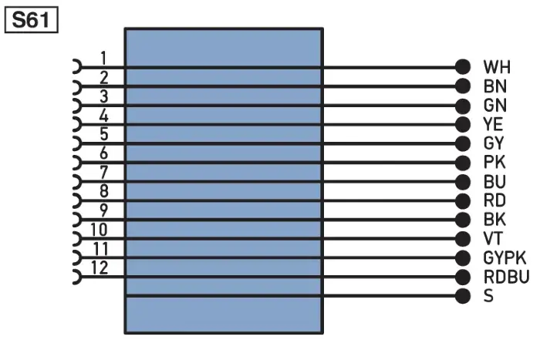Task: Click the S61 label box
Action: point(32,20)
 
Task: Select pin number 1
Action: point(103,58)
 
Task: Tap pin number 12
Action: point(100,267)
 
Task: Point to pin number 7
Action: point(103,173)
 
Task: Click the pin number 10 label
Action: point(99,230)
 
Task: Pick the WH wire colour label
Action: point(497,67)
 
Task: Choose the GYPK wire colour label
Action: point(505,257)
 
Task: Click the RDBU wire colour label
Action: point(506,277)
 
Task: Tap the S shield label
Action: point(488,296)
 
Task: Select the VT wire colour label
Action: point(493,238)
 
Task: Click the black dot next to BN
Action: point(463,86)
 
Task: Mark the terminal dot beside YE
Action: point(463,124)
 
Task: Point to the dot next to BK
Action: point(463,220)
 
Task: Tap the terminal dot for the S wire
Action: point(463,296)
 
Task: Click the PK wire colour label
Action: point(494,162)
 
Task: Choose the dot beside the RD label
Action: point(463,200)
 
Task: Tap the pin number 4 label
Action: point(103,116)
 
